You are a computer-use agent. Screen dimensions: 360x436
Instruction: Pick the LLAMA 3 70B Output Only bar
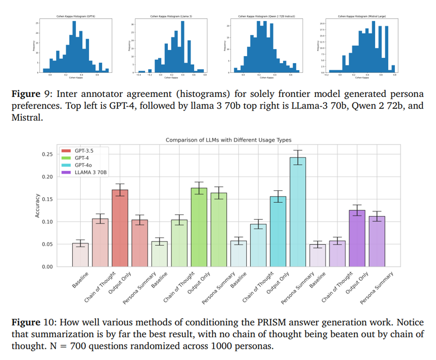click(357, 238)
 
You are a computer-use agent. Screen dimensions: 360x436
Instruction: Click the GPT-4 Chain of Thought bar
click(179, 243)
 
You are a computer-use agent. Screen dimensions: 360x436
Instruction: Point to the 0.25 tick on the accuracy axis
click(48, 154)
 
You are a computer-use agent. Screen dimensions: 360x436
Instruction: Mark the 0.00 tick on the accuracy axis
click(48, 267)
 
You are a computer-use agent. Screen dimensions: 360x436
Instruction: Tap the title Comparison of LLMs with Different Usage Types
click(228, 140)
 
